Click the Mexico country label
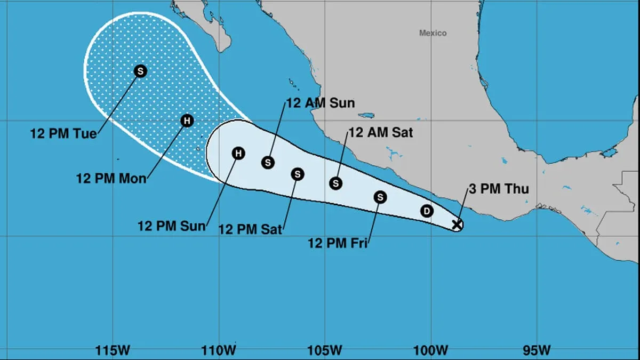coord(433,33)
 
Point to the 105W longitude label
coord(325,350)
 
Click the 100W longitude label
coord(431,350)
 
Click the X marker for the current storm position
coord(457,225)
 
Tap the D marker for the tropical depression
coord(427,211)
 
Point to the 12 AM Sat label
coord(380,133)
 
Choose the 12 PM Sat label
coord(250,229)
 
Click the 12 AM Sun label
coord(320,103)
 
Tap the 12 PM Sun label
coord(171,226)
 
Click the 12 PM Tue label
coord(63,133)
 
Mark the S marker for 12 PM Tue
coord(140,71)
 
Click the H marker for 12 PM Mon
coord(187,121)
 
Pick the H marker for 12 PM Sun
coord(238,154)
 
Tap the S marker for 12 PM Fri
coord(380,197)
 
